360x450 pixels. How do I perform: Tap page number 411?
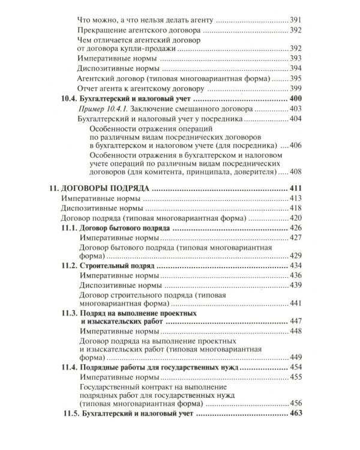click(x=295, y=188)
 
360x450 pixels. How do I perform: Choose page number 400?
click(x=295, y=98)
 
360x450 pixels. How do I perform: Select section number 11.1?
click(x=70, y=229)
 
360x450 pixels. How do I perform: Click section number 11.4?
click(x=70, y=367)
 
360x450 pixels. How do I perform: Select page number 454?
click(x=295, y=367)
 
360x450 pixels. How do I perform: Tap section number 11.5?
click(x=71, y=414)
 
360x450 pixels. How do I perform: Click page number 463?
click(x=295, y=414)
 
